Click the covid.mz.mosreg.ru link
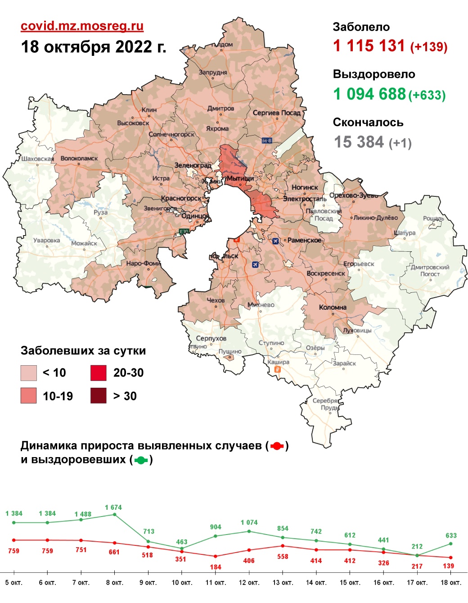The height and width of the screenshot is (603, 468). click(x=82, y=26)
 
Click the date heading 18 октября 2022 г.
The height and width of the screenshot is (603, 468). click(x=94, y=47)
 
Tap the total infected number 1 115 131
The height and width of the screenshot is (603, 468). click(x=369, y=46)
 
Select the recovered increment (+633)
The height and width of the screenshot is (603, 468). click(x=427, y=95)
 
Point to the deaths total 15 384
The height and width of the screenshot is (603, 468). click(x=359, y=142)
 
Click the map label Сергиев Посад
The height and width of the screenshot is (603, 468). click(x=276, y=113)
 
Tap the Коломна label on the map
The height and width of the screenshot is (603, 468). click(x=333, y=308)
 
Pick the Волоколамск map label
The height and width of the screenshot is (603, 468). click(x=79, y=159)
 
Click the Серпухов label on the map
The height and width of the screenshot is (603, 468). click(x=211, y=338)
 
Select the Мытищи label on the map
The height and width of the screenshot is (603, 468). click(x=240, y=178)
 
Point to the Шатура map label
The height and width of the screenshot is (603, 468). click(x=405, y=233)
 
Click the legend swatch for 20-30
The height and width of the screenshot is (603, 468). click(x=99, y=373)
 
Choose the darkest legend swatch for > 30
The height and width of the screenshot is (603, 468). click(x=99, y=396)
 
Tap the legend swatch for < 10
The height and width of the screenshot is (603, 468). click(x=28, y=373)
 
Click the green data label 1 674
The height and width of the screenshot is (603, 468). click(x=113, y=508)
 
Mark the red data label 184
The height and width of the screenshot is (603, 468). click(x=216, y=567)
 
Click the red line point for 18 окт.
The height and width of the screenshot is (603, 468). click(x=451, y=558)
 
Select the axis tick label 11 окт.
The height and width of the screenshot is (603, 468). click(x=215, y=583)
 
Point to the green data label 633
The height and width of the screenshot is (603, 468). click(x=451, y=535)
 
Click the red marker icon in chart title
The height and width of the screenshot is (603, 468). click(x=277, y=446)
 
